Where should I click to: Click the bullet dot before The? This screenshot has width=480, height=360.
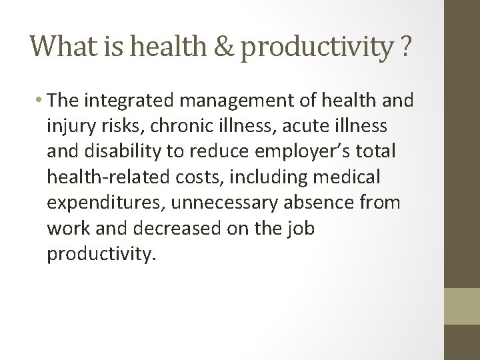pos(41,102)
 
